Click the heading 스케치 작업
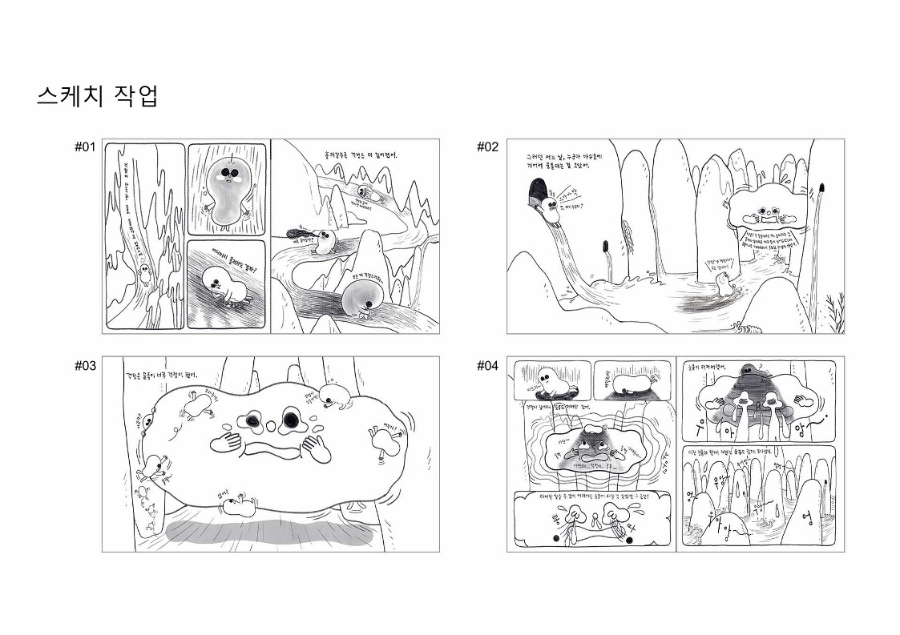click(x=97, y=95)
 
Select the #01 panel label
click(x=85, y=147)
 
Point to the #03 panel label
click(x=85, y=365)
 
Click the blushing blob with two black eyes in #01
click(x=227, y=190)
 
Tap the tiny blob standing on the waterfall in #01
click(x=145, y=277)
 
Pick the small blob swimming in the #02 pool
click(x=724, y=281)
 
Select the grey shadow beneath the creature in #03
click(x=269, y=531)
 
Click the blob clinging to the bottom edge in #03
click(x=239, y=504)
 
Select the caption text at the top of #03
click(x=163, y=374)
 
